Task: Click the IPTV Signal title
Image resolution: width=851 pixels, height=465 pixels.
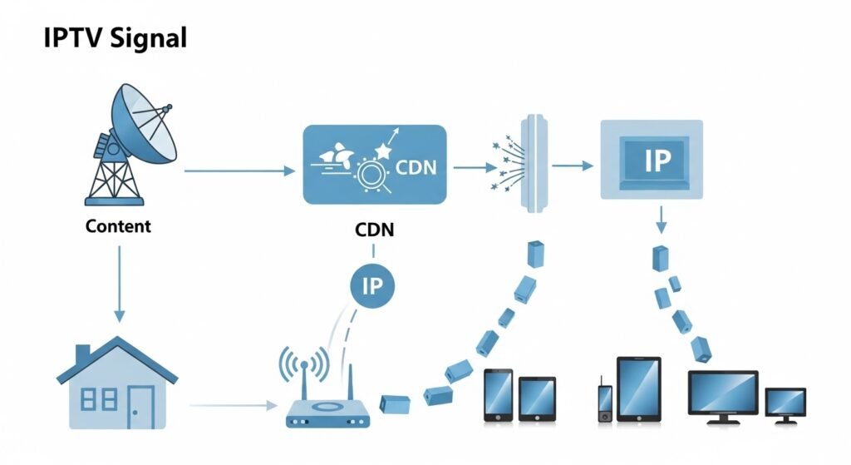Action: pos(115,38)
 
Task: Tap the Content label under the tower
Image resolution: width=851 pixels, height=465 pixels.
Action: pos(118,226)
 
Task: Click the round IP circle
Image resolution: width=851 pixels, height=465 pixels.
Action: pos(372,285)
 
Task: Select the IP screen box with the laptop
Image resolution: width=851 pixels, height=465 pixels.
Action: pos(652,160)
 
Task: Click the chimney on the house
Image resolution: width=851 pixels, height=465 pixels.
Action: pos(83,353)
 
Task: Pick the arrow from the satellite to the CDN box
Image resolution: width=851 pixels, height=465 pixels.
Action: pos(239,171)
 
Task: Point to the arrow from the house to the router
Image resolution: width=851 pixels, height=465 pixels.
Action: pos(234,407)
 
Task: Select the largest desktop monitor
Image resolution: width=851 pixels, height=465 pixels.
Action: pos(723,395)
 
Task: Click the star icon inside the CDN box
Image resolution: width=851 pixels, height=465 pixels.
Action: pos(384,151)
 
